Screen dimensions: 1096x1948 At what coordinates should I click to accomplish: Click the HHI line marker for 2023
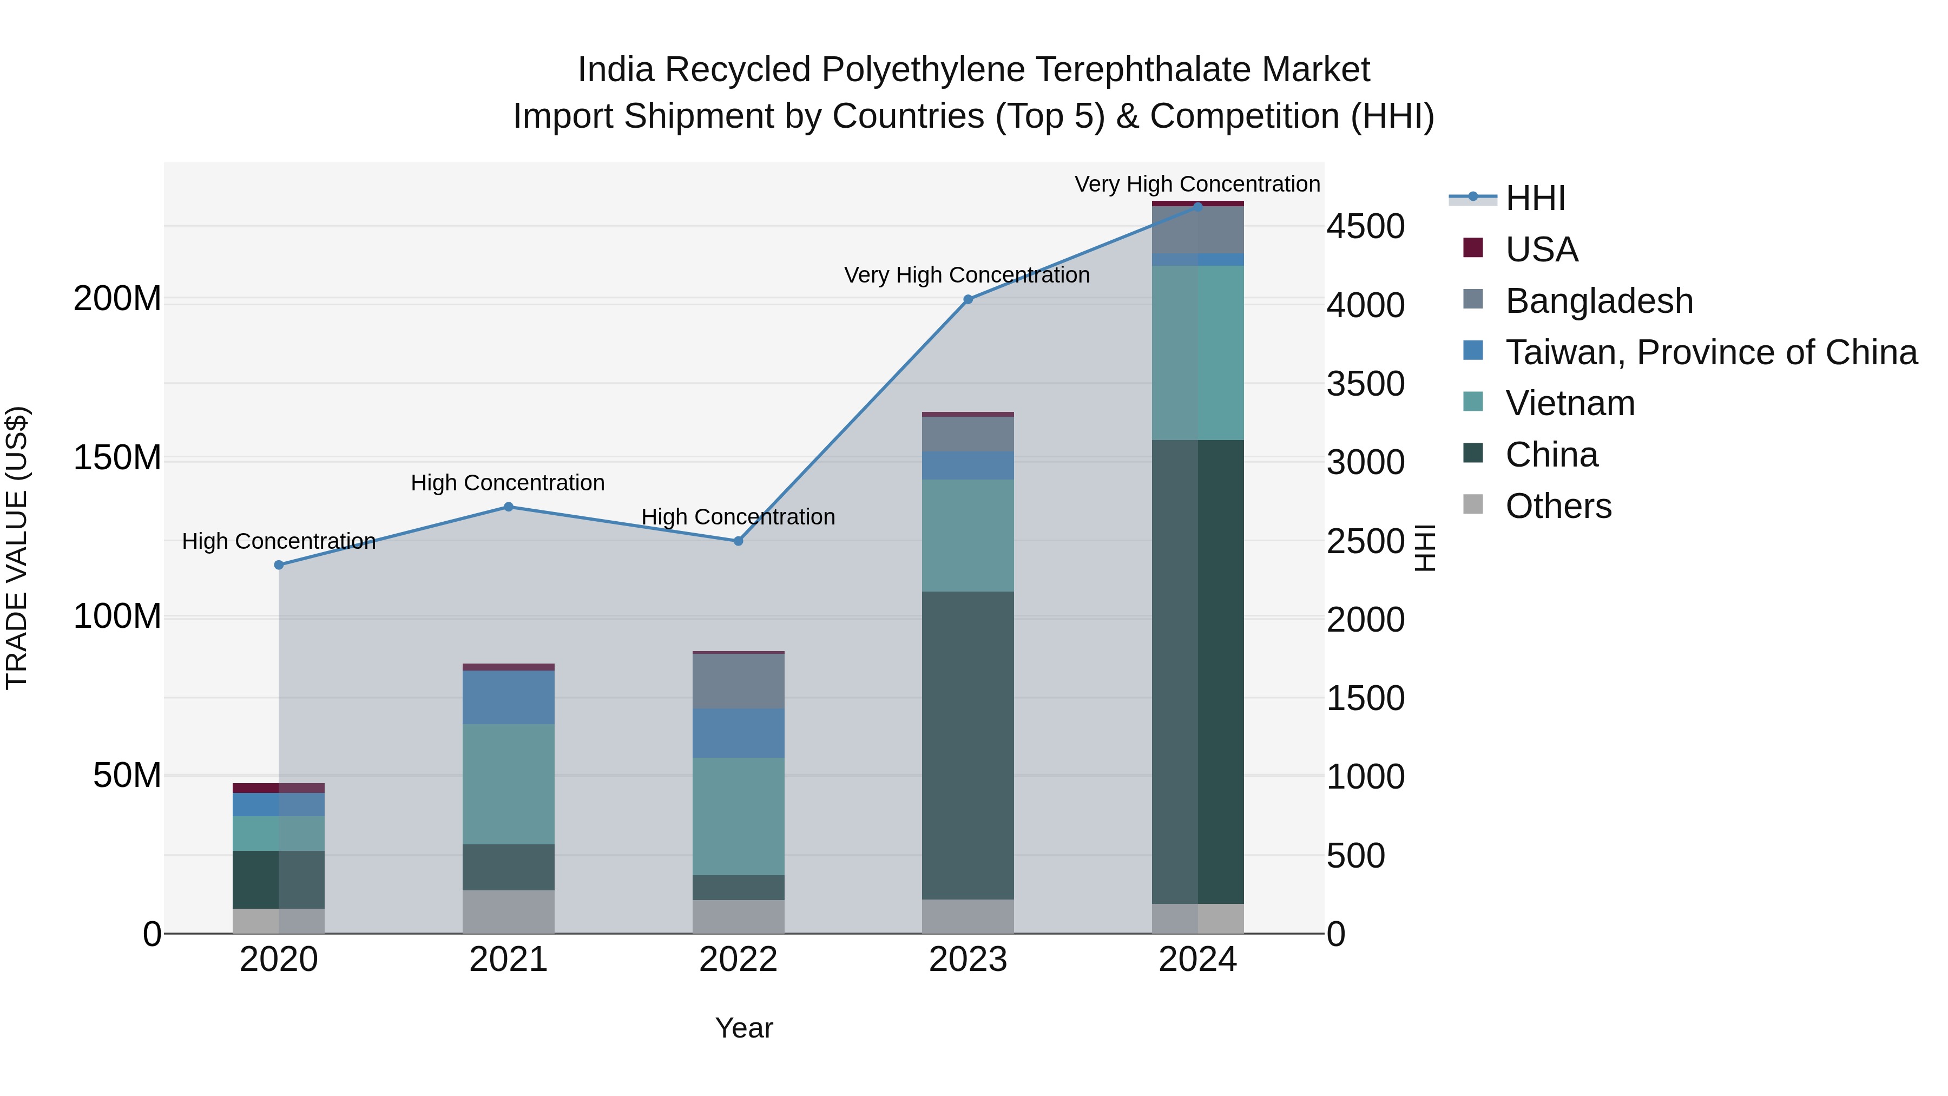click(968, 299)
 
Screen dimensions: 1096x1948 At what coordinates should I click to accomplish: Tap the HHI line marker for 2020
click(279, 565)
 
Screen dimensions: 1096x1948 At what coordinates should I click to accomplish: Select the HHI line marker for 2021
click(508, 507)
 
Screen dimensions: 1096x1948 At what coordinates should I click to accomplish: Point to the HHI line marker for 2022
click(738, 541)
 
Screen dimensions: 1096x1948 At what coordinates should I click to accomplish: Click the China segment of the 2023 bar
click(968, 745)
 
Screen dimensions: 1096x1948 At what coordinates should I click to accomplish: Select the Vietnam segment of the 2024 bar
click(1198, 352)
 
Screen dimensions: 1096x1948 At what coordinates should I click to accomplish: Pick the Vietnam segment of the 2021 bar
click(508, 784)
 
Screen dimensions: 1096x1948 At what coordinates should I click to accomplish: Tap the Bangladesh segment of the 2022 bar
click(738, 681)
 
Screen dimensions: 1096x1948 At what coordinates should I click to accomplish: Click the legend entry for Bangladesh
click(1598, 301)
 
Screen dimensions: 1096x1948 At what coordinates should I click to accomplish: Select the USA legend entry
click(1541, 250)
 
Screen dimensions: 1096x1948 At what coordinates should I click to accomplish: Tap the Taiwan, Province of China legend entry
click(1710, 352)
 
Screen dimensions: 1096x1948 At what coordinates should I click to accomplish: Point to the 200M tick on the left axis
click(117, 299)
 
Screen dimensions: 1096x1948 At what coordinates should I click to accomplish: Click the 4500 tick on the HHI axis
click(1366, 227)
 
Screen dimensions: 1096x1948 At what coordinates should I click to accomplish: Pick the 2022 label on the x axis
click(738, 960)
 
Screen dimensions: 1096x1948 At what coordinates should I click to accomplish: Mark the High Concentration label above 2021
click(508, 483)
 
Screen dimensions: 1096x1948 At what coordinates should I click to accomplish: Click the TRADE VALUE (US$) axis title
click(17, 548)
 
